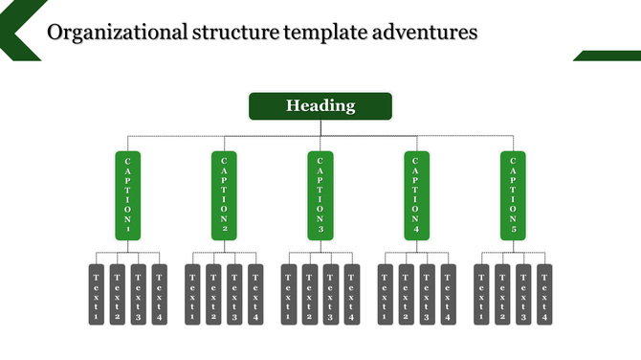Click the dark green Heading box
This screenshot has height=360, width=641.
[320, 106]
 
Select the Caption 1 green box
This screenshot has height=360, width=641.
[128, 195]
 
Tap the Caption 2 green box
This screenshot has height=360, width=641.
[224, 195]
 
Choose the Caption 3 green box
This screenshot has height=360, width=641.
[320, 195]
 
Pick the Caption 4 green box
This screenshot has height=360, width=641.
[417, 195]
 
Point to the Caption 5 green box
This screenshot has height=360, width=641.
[513, 195]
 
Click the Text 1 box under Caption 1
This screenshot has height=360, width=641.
[97, 294]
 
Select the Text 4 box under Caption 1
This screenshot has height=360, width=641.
[160, 294]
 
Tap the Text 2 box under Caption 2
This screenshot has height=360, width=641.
[213, 294]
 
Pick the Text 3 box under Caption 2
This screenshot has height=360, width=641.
[234, 294]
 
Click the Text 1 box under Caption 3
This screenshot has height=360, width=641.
[289, 294]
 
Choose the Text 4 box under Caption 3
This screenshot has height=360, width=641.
[352, 294]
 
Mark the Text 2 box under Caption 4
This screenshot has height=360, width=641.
[407, 294]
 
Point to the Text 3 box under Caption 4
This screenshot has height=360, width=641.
[428, 294]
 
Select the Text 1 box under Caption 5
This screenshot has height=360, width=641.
[481, 294]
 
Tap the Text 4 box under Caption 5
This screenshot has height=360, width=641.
[544, 294]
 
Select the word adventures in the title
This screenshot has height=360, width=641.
[426, 33]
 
